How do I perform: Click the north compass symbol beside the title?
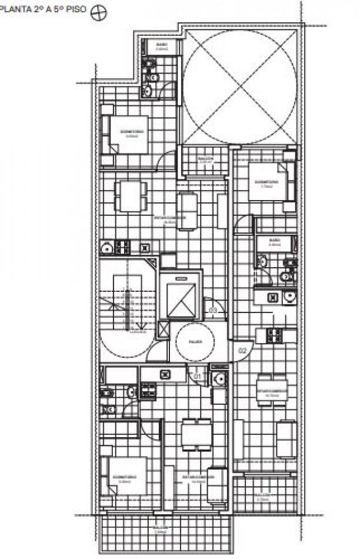pyautogui.click(x=98, y=15)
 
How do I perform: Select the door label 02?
pyautogui.click(x=242, y=350)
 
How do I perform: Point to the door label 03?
pyautogui.click(x=213, y=310)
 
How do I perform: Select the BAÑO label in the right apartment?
pyautogui.click(x=275, y=241)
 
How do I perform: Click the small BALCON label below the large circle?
pyautogui.click(x=204, y=159)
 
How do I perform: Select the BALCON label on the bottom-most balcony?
pyautogui.click(x=160, y=528)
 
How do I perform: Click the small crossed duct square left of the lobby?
pyautogui.click(x=163, y=330)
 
